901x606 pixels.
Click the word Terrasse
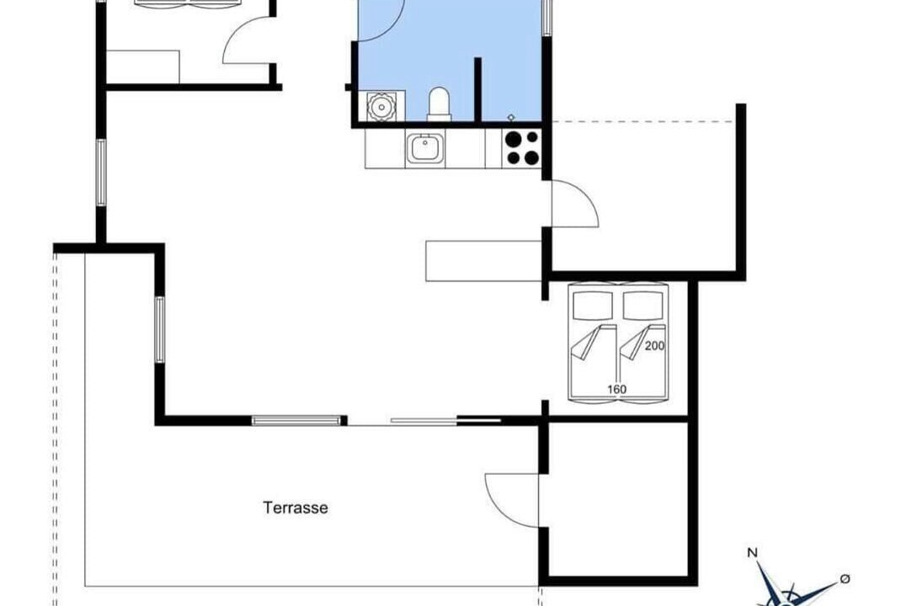(x=296, y=508)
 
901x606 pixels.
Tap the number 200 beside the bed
(x=654, y=346)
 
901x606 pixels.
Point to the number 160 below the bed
(x=616, y=390)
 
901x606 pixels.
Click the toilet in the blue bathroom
(x=439, y=104)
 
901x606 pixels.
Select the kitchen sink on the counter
(x=425, y=148)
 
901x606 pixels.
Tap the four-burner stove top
(x=522, y=148)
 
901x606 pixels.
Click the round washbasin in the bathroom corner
(x=380, y=106)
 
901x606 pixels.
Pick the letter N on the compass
(x=752, y=553)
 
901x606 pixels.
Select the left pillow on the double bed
(x=594, y=305)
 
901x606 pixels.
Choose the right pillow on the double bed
(x=643, y=305)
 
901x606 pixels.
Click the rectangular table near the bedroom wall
(x=484, y=261)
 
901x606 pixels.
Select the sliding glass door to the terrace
(x=424, y=421)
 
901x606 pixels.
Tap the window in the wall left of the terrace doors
(x=296, y=421)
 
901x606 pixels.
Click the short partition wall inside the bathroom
(x=477, y=89)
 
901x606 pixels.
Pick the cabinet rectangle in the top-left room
(x=143, y=66)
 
